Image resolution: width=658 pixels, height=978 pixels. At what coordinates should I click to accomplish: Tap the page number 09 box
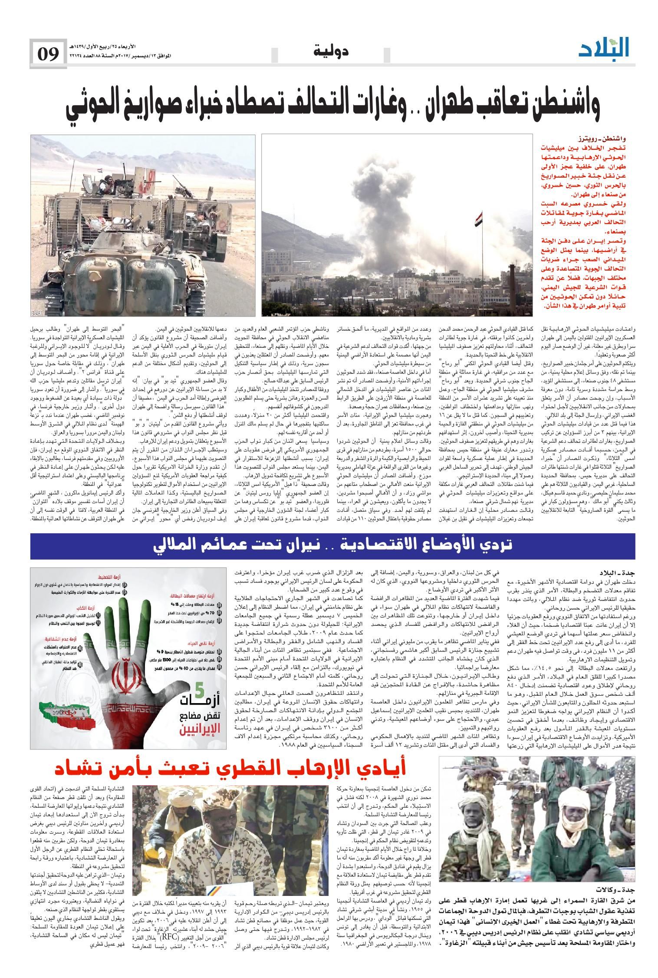(48, 54)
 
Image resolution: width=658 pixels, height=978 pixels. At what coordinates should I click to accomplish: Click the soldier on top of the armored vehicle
(107, 182)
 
